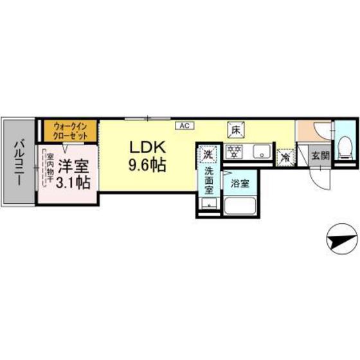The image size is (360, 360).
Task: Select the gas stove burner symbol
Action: (x=236, y=153)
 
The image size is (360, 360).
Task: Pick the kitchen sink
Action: (x=261, y=152)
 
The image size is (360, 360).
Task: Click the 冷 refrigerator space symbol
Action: (x=283, y=156)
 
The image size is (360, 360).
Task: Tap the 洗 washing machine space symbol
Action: (x=207, y=154)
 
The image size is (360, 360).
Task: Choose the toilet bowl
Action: (x=345, y=148)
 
